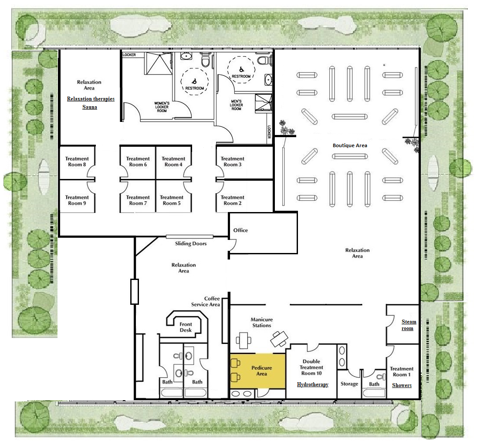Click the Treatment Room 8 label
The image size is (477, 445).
tap(77, 162)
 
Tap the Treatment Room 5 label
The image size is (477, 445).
tap(172, 200)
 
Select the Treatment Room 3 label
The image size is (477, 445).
tap(233, 162)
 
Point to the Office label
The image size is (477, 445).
tap(240, 230)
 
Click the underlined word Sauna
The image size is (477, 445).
tap(90, 107)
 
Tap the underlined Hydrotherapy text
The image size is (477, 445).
tap(313, 384)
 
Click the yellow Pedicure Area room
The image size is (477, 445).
tap(258, 371)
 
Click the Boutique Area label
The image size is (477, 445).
tap(350, 145)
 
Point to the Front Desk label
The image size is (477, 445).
tap(186, 327)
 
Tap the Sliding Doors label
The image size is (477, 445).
tap(191, 243)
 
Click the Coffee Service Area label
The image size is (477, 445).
tap(205, 301)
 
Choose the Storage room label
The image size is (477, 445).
tap(349, 384)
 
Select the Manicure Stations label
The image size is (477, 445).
tap(262, 322)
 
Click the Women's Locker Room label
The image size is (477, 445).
tap(162, 107)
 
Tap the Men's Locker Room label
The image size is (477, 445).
tap(237, 105)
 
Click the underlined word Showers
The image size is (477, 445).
tap(402, 385)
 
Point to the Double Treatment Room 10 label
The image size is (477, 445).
tap(311, 367)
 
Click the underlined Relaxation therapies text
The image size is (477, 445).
tap(91, 99)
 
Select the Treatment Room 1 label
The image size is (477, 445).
tap(402, 371)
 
